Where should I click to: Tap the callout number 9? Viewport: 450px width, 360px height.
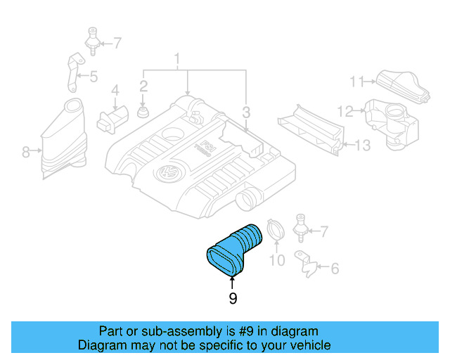(x=233, y=299)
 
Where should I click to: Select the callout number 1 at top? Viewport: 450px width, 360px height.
(x=178, y=57)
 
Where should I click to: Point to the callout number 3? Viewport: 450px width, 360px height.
(x=245, y=112)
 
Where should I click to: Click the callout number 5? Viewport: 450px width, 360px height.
(x=93, y=77)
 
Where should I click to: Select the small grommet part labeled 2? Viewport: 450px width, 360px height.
(x=143, y=112)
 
